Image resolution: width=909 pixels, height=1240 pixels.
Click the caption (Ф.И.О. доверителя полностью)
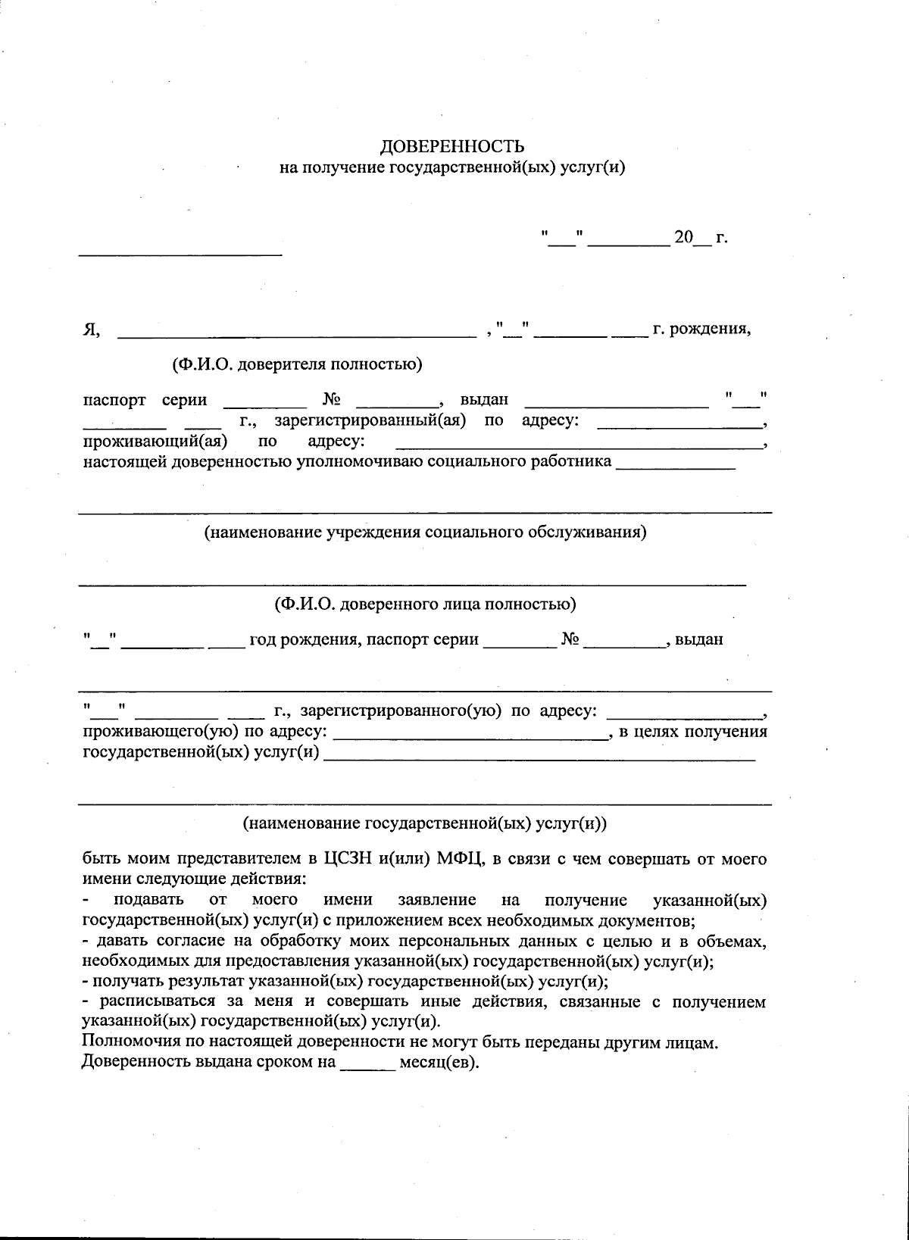click(x=297, y=364)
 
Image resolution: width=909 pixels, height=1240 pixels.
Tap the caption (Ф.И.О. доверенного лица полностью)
click(x=425, y=604)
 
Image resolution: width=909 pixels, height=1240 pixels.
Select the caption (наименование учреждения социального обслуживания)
click(x=425, y=532)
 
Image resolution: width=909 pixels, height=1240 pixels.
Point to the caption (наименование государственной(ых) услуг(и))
click(x=425, y=823)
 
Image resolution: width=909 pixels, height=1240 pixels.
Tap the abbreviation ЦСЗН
click(x=347, y=859)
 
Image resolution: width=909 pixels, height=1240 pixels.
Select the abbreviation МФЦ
click(x=458, y=859)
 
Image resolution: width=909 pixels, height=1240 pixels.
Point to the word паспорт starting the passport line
click(x=114, y=400)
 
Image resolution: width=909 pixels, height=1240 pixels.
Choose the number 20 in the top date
click(x=683, y=238)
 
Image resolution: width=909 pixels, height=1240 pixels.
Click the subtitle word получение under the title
click(x=343, y=167)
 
